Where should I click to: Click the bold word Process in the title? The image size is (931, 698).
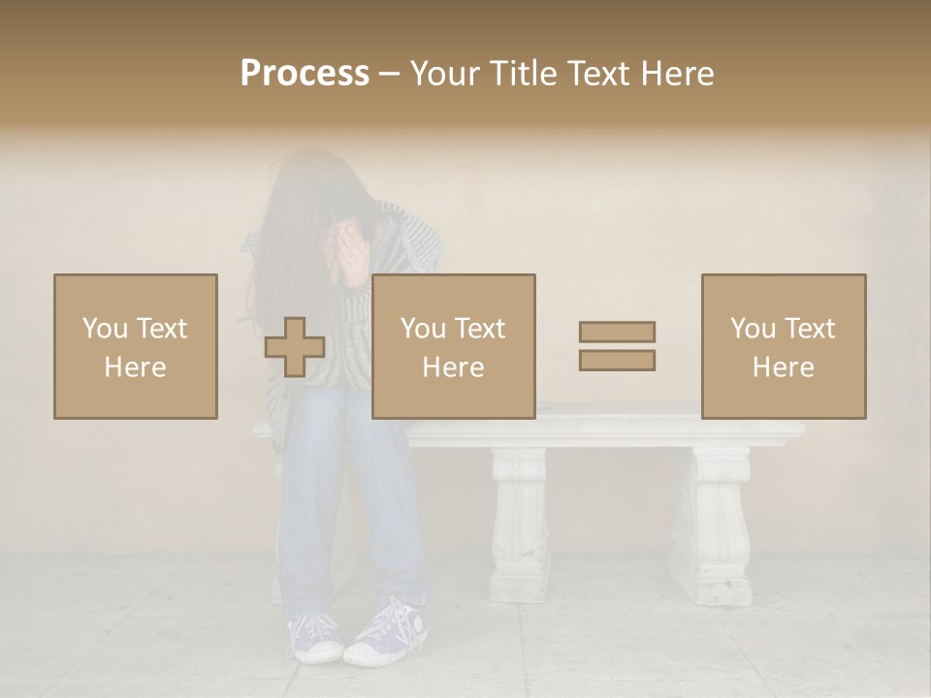coord(305,74)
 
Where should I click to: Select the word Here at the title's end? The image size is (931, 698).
coord(677,74)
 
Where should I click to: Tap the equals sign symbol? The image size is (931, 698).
coord(617,346)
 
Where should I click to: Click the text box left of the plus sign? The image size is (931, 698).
coord(136,346)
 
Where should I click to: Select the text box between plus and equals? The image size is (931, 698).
coord(454,346)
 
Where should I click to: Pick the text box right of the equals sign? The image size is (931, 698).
coord(784,346)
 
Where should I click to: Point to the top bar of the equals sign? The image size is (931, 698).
coord(617,332)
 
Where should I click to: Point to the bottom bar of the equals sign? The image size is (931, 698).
coord(617,361)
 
